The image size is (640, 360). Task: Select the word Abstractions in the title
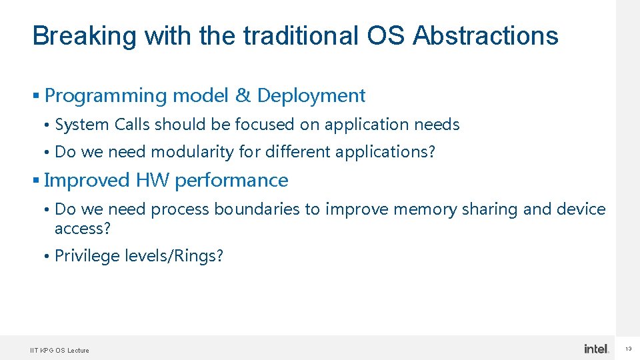coord(485,36)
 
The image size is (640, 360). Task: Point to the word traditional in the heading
coord(299,36)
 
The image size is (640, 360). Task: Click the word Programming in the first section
coord(105,96)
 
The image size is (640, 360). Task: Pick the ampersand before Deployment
coord(242,96)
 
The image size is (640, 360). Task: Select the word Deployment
coord(311,96)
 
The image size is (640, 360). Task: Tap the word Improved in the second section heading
coord(87,181)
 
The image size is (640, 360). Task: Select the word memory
coord(424,209)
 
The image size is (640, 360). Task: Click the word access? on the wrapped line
coord(83,229)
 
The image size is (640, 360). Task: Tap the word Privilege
coord(87,256)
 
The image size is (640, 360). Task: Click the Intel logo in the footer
coord(597,349)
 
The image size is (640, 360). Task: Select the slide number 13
coord(628,349)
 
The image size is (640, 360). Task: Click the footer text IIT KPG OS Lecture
coord(60,350)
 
